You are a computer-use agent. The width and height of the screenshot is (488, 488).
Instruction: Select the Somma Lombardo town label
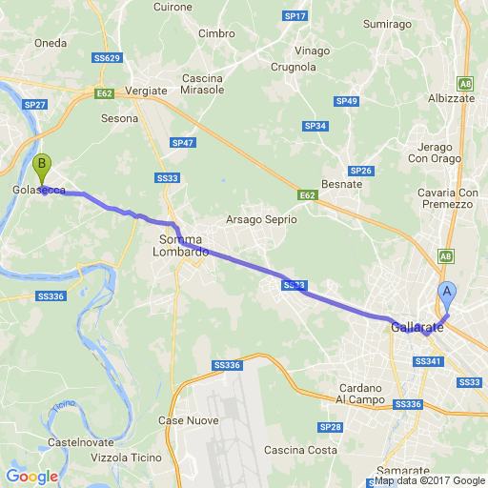183,245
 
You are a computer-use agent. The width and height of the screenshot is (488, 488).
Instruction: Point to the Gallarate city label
417,328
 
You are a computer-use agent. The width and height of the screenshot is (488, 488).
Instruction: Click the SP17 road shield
295,17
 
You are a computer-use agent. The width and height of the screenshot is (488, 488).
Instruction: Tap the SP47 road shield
182,143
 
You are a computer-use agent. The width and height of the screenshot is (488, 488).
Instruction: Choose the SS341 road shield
429,361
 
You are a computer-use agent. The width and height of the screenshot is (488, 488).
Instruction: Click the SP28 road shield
331,427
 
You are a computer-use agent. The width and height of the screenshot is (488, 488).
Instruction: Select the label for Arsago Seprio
260,220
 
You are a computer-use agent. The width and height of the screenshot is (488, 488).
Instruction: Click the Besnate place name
343,183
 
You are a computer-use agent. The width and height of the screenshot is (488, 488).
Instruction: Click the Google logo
31,477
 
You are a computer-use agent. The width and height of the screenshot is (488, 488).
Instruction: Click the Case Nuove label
188,420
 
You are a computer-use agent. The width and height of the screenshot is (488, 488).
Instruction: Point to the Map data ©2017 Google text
429,481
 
